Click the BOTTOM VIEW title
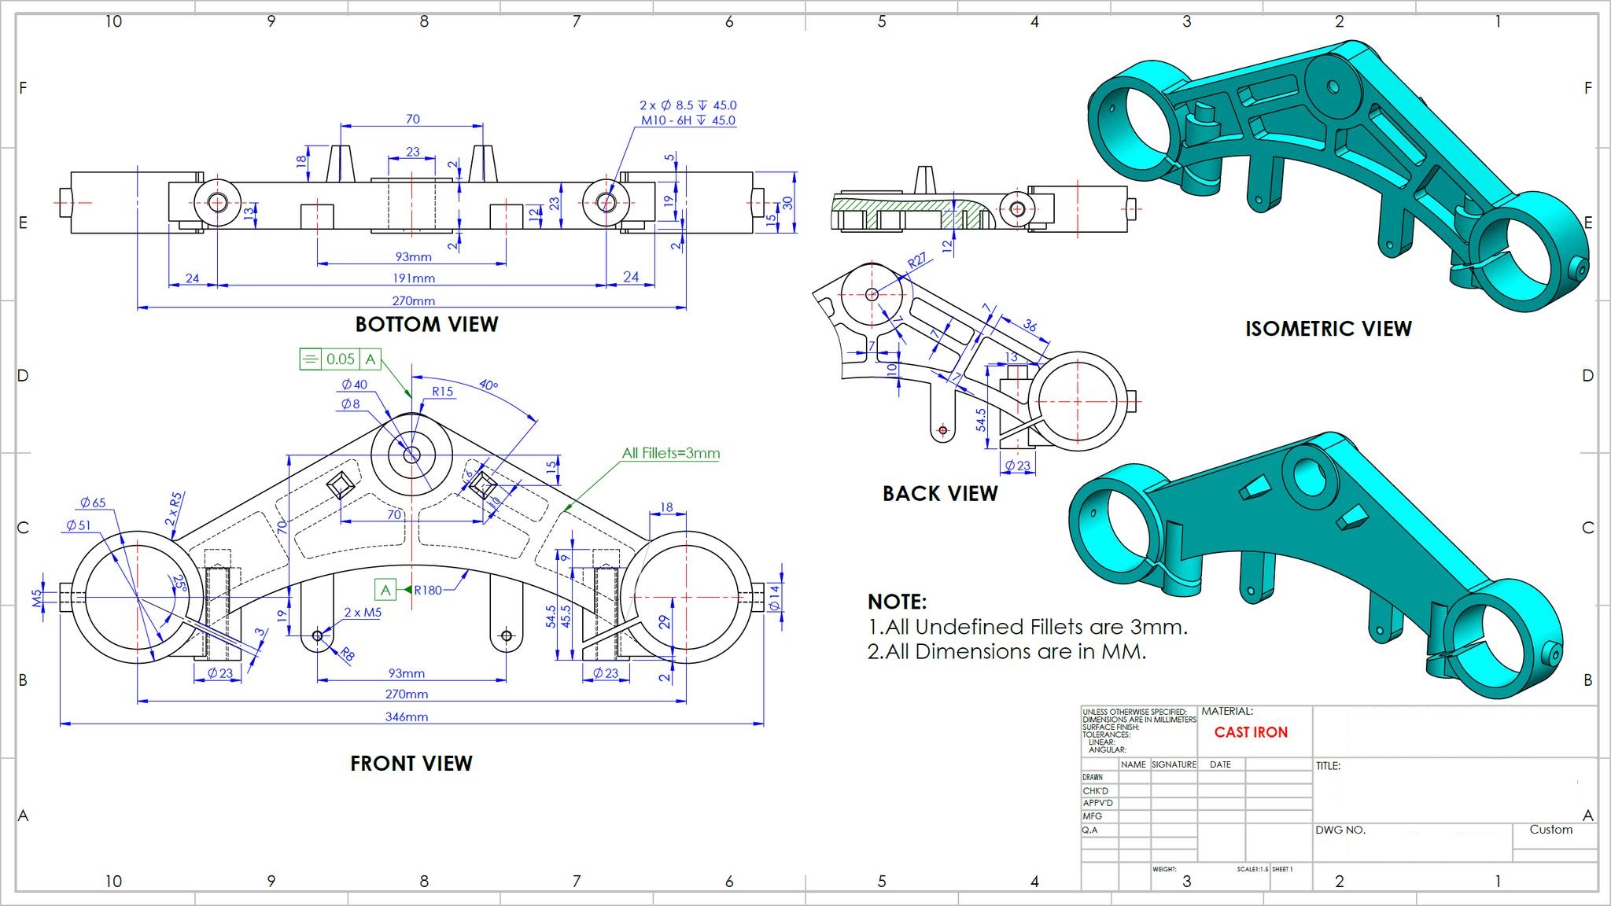[x=426, y=324]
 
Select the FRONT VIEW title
[x=411, y=763]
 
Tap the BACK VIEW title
[x=940, y=493]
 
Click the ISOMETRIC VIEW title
[x=1328, y=328]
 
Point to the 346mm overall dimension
[x=407, y=716]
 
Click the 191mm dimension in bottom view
[x=414, y=278]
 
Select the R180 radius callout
[x=428, y=590]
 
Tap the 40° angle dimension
[x=488, y=385]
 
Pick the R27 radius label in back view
[x=917, y=260]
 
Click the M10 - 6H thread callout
[x=688, y=120]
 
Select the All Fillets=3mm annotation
[x=670, y=453]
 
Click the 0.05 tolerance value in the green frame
[x=341, y=359]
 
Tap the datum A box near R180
[x=385, y=590]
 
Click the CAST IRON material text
[x=1251, y=732]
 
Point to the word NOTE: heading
[x=897, y=602]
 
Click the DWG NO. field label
[x=1340, y=830]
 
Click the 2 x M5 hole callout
[x=363, y=612]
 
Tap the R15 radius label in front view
[x=442, y=391]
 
